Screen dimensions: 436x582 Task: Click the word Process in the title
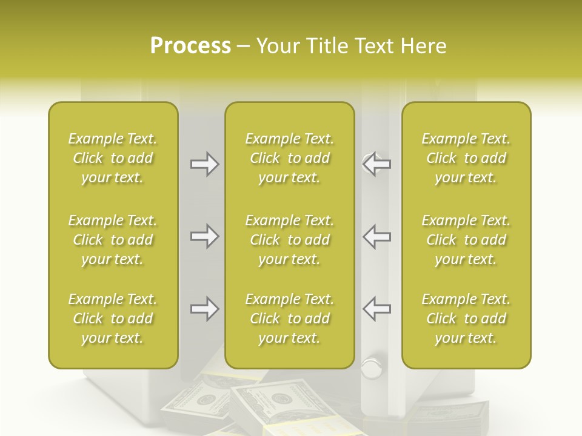[x=190, y=46]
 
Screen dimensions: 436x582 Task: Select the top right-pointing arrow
[x=204, y=164]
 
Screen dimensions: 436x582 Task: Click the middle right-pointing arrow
[x=204, y=236]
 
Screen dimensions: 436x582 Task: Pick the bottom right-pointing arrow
[x=204, y=309]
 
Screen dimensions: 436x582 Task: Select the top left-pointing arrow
[x=377, y=164]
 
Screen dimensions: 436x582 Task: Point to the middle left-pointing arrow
[x=377, y=236]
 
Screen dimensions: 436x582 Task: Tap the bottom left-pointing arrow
[x=377, y=309]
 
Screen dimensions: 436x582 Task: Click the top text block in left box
[x=113, y=158]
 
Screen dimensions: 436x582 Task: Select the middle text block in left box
[x=113, y=240]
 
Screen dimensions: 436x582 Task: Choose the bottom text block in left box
[x=113, y=319]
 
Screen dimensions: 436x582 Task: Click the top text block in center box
[x=290, y=158]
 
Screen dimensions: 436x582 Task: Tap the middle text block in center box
[x=290, y=240]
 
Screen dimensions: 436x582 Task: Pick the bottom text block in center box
[x=290, y=319]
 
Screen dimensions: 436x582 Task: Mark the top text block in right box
[x=466, y=158]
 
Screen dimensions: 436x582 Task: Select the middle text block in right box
[x=466, y=240]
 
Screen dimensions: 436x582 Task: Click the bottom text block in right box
[x=466, y=319]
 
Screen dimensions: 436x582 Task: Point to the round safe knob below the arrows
[x=371, y=367]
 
